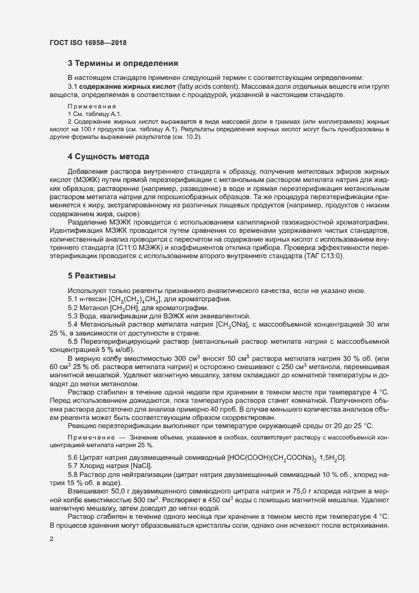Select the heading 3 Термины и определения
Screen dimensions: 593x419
pyautogui.click(x=122, y=63)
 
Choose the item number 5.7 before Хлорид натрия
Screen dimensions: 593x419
pyautogui.click(x=74, y=467)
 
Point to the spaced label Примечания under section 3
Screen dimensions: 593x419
pyautogui.click(x=91, y=106)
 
